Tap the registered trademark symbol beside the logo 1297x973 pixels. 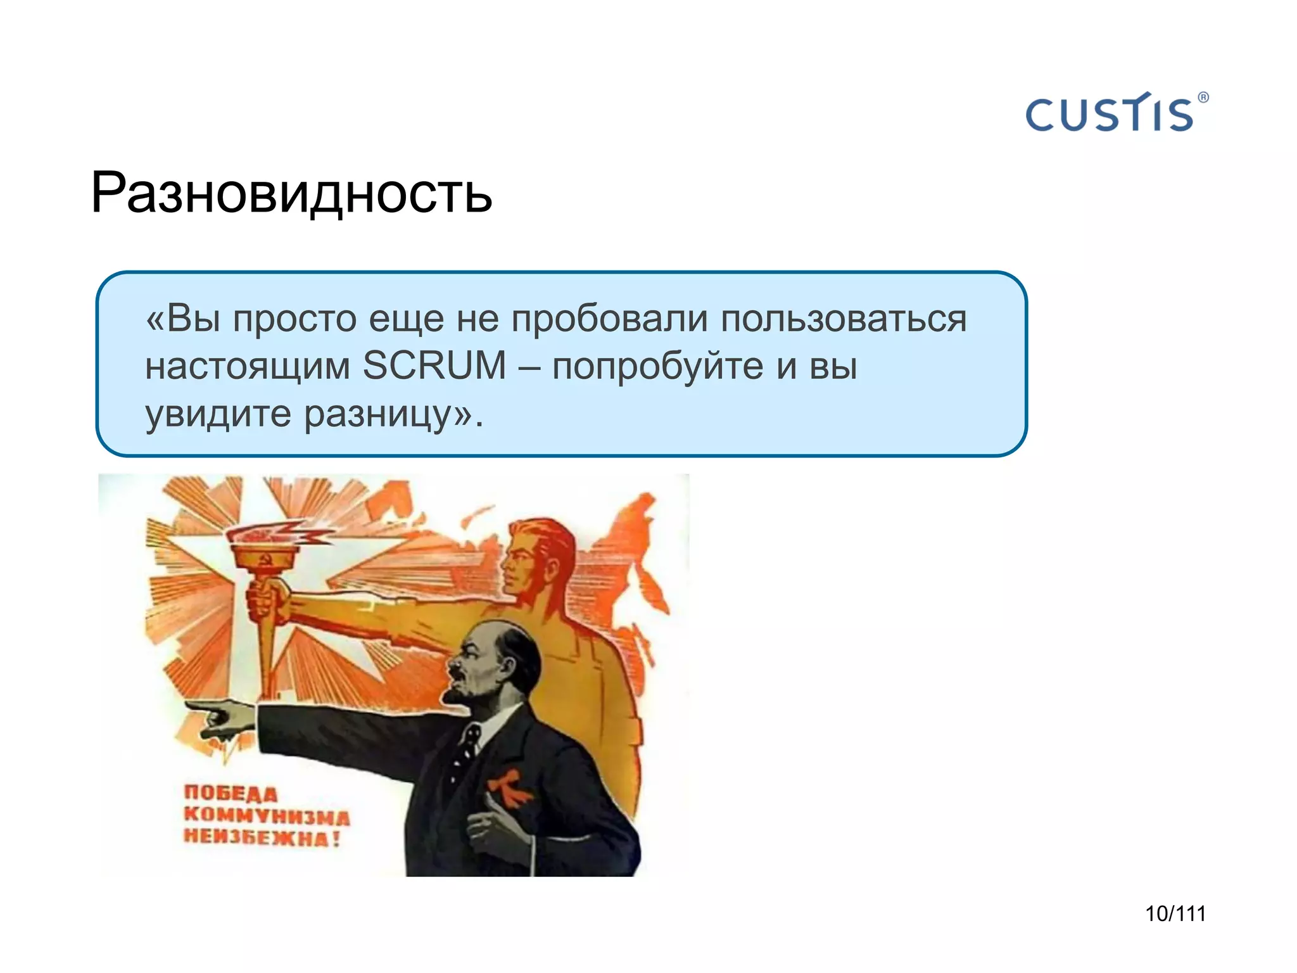(x=1203, y=98)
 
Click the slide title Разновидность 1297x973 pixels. (x=291, y=193)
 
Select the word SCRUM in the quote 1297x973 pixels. (x=434, y=366)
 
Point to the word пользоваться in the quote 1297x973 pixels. (x=844, y=318)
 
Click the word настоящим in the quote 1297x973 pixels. (x=247, y=367)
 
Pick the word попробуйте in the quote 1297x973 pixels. (x=657, y=367)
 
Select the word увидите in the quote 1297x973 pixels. (x=218, y=414)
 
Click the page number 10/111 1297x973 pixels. (x=1175, y=913)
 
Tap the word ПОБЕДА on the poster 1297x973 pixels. (x=231, y=794)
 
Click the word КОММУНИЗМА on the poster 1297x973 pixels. (x=266, y=816)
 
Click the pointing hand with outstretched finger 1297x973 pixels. (x=218, y=716)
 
